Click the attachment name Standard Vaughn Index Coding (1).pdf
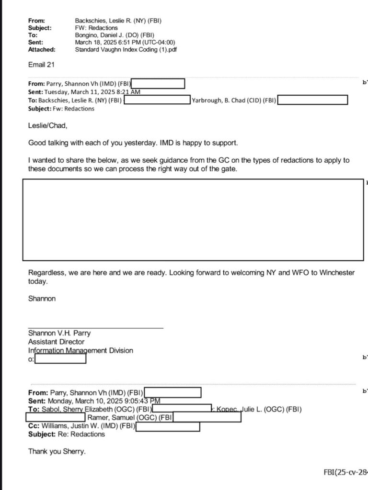click(x=125, y=49)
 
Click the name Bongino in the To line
click(x=87, y=35)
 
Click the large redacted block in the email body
click(x=193, y=220)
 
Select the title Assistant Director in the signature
click(x=56, y=342)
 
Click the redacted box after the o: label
click(x=60, y=358)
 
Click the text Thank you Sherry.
click(x=57, y=451)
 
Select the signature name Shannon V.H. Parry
click(x=59, y=334)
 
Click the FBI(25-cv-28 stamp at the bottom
click(x=345, y=473)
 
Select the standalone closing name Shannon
click(x=42, y=299)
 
